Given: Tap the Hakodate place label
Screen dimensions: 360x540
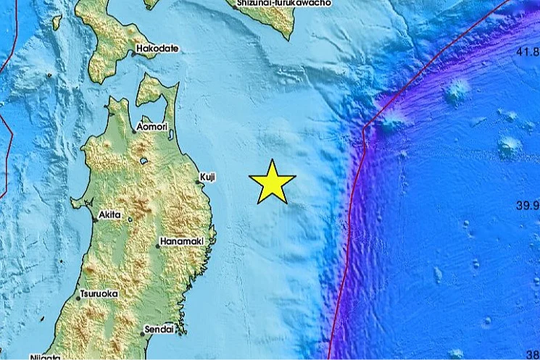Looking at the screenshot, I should (x=156, y=49).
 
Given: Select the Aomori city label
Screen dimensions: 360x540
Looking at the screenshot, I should (x=152, y=127).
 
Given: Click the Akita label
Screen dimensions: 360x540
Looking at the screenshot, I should (x=110, y=215).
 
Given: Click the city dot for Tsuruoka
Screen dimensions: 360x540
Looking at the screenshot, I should (x=79, y=298).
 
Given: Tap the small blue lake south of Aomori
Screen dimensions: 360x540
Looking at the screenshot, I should (x=145, y=160).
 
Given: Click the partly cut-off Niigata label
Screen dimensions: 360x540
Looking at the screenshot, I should (x=45, y=357).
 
